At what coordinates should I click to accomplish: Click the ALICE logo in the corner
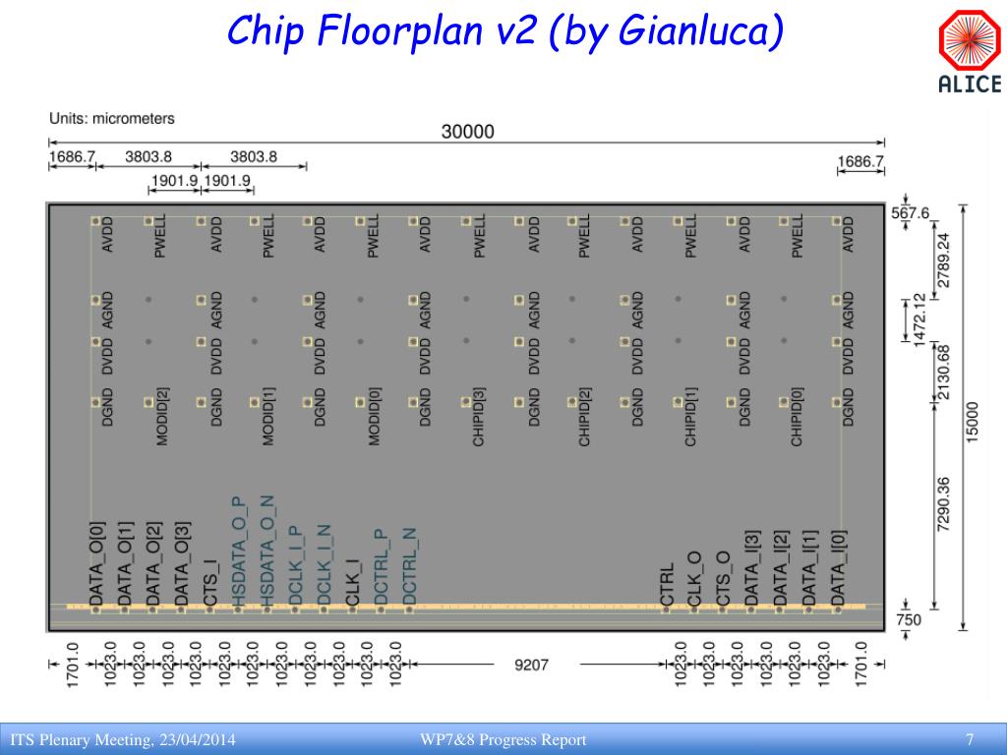tap(969, 55)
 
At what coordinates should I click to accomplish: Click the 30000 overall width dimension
tap(467, 132)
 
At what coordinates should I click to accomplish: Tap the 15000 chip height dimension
tap(973, 422)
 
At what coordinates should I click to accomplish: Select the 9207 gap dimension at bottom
tap(532, 666)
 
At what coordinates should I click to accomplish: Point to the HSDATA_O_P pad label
tap(238, 552)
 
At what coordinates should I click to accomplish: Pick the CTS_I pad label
tap(209, 579)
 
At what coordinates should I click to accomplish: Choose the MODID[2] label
tap(163, 417)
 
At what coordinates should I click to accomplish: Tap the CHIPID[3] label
tap(479, 417)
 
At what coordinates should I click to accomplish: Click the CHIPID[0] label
tap(798, 417)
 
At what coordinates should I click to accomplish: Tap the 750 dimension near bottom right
tap(910, 619)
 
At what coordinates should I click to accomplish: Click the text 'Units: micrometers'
tap(112, 118)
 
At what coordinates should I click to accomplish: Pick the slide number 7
tap(970, 739)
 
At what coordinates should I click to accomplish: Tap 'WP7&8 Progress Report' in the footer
tap(503, 739)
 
